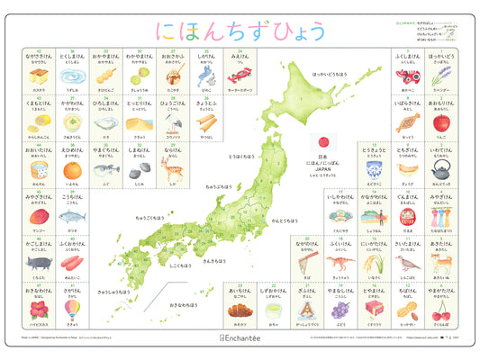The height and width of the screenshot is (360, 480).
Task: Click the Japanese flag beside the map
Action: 322,143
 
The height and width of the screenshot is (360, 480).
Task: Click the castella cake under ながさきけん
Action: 40,75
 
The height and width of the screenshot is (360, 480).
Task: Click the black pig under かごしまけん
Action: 40,263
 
